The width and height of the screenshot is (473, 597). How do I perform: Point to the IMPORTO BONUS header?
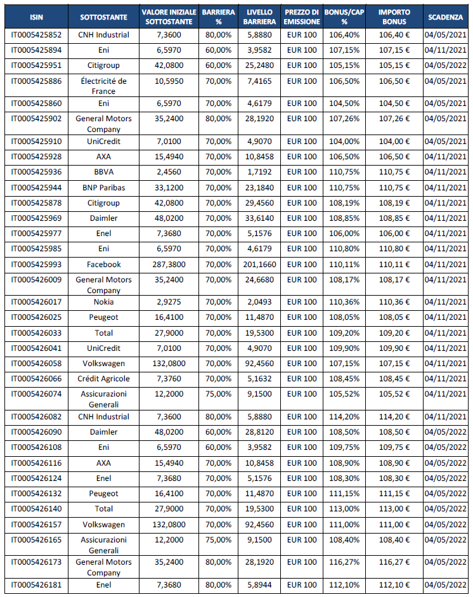pos(394,16)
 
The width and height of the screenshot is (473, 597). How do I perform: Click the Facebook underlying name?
pos(104,265)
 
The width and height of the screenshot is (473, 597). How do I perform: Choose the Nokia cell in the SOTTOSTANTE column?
pos(104,301)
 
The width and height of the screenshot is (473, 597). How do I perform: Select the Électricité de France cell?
pos(104,86)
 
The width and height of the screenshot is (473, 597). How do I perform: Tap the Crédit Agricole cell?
pos(104,379)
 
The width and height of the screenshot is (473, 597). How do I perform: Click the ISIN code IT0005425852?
pos(37,35)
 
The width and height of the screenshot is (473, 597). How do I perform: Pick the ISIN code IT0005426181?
pos(37,585)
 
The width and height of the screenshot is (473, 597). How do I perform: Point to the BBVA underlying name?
pos(104,172)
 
